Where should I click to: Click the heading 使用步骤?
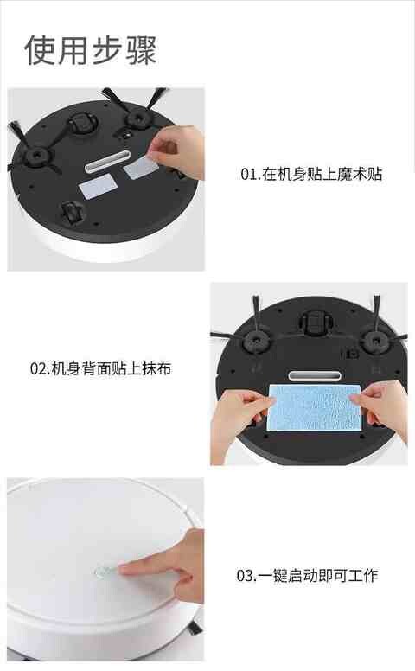[x=91, y=50]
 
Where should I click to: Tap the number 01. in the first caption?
[x=250, y=174]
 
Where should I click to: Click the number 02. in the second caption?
[x=40, y=368]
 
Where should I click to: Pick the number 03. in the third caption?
[x=246, y=576]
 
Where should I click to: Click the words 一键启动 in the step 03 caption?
[x=288, y=576]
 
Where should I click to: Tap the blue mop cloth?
[x=315, y=407]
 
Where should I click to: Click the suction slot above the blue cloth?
[x=315, y=376]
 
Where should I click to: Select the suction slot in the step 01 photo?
[x=108, y=161]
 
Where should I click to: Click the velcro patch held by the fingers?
[x=142, y=167]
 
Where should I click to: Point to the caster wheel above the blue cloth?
[x=315, y=323]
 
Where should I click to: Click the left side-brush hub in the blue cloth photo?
[x=256, y=341]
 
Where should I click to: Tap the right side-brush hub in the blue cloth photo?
[x=375, y=341]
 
